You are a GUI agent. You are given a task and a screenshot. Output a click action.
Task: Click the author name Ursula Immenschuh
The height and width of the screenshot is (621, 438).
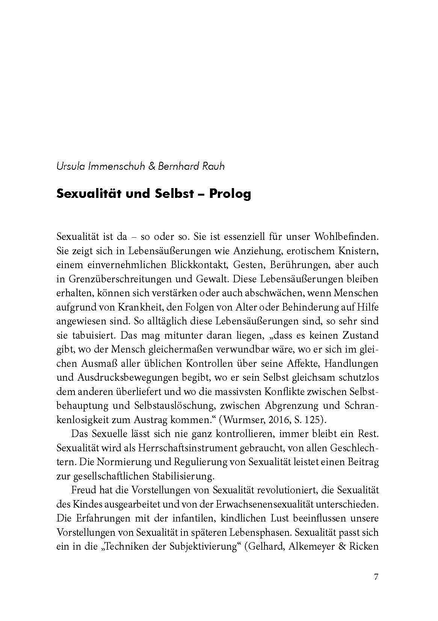[101, 166]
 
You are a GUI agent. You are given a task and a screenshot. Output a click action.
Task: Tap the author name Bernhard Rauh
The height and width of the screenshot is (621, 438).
[191, 166]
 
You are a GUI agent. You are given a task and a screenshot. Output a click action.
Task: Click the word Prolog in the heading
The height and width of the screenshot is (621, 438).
[230, 194]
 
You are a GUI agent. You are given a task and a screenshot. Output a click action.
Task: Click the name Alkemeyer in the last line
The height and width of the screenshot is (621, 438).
[311, 547]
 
